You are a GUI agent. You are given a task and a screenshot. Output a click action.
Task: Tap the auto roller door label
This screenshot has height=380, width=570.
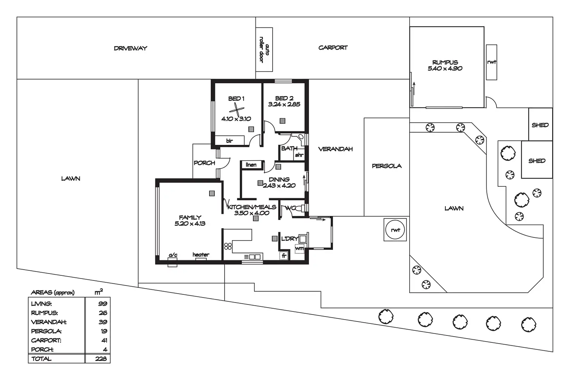coord(264,50)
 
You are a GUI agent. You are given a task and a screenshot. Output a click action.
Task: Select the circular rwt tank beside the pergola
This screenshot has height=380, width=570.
coord(395,230)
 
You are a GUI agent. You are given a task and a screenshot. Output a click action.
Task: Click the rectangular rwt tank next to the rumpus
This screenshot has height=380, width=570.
coord(491,62)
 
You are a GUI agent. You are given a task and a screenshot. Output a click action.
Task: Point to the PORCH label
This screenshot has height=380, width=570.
coord(204,163)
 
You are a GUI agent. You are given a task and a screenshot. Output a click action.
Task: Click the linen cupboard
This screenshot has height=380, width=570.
coord(251,165)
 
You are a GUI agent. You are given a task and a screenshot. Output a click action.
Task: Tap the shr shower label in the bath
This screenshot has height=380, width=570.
coord(299,155)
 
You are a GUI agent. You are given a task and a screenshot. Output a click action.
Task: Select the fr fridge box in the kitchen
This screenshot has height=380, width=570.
coord(284,256)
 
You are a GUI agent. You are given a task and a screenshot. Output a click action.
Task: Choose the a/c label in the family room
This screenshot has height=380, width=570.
coord(173,255)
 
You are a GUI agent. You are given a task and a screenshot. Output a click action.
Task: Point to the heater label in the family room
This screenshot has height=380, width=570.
coord(201,254)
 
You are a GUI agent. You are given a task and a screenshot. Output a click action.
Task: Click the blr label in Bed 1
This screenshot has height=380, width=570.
coord(229,141)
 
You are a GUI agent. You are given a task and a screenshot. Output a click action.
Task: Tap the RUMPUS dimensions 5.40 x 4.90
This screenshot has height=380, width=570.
coord(445,69)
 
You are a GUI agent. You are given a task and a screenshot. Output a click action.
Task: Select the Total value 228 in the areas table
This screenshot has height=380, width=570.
coord(101,359)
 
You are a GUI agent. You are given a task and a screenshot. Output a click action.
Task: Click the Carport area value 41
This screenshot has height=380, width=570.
coord(103,340)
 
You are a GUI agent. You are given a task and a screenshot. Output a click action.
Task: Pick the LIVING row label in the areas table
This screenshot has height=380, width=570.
coord(41,304)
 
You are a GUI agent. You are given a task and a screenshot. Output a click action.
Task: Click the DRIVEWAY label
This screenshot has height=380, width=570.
coord(130,48)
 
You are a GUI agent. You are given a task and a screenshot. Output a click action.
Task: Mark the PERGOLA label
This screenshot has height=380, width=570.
coord(386,166)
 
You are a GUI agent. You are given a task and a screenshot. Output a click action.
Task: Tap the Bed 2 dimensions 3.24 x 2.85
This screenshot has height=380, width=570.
coord(284,104)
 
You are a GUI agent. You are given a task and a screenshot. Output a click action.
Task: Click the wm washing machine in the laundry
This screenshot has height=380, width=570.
coord(300,248)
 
